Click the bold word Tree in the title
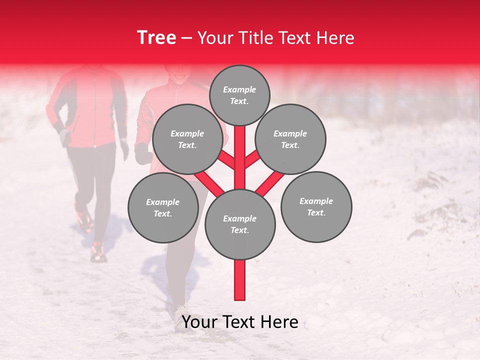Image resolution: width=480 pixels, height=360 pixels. click(156, 38)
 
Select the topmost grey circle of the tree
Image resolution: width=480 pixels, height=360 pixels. click(239, 95)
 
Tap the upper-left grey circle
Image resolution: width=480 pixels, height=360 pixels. click(187, 139)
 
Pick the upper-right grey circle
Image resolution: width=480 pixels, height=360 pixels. click(290, 139)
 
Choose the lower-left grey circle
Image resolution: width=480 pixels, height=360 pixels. click(163, 207)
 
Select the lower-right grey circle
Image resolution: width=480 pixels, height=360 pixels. click(316, 206)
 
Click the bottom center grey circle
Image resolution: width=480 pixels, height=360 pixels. click(240, 224)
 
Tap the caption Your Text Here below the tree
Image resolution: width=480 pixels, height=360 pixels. click(240, 322)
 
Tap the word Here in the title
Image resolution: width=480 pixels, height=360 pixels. click(336, 38)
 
